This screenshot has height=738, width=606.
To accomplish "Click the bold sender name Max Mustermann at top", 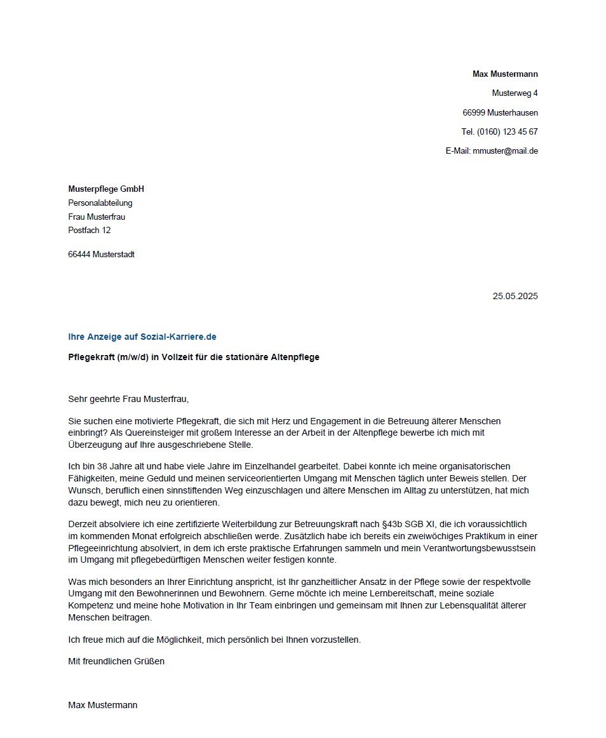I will pyautogui.click(x=504, y=74).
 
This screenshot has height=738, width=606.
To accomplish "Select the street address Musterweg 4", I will pyautogui.click(x=515, y=93).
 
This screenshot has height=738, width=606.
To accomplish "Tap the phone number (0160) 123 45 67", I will pyautogui.click(x=507, y=132).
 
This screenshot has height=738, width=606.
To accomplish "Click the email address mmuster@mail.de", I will pyautogui.click(x=505, y=151).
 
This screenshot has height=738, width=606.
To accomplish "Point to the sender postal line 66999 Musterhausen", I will pyautogui.click(x=500, y=113).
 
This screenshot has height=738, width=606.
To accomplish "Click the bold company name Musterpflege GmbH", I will pyautogui.click(x=106, y=189).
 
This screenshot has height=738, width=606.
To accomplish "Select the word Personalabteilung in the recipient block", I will pyautogui.click(x=100, y=203).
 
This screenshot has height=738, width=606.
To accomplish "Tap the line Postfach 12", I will pyautogui.click(x=89, y=231).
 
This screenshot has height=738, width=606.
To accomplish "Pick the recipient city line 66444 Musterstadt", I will pyautogui.click(x=101, y=255).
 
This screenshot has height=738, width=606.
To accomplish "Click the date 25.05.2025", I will pyautogui.click(x=515, y=296).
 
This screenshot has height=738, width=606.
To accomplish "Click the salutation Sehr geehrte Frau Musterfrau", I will pyautogui.click(x=128, y=399).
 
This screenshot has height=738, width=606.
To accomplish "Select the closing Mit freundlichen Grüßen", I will pyautogui.click(x=116, y=662).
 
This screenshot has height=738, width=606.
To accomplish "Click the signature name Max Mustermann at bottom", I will pyautogui.click(x=102, y=706).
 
